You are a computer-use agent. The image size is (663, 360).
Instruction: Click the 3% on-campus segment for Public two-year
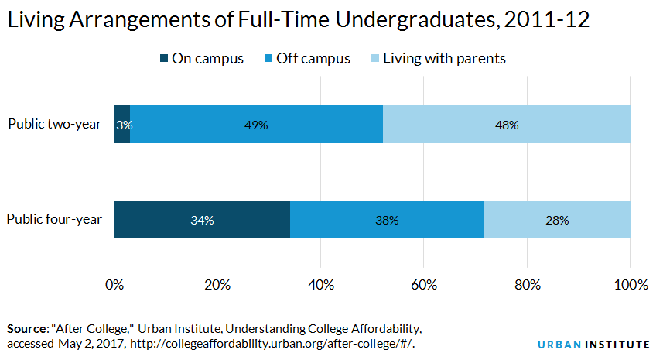pos(122,125)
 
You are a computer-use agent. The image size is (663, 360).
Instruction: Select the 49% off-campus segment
pos(257,125)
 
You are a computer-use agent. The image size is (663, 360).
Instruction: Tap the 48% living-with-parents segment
pos(507,125)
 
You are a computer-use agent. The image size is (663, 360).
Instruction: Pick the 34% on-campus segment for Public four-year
pos(202,220)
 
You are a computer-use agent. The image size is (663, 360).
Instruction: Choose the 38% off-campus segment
pos(388,220)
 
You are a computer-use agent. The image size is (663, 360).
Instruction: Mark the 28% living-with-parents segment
pos(557,220)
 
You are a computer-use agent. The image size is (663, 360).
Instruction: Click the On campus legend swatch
pos(164,58)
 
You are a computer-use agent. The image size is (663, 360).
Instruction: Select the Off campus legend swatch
pos(268,58)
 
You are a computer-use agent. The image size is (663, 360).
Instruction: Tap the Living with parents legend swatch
pos(374,58)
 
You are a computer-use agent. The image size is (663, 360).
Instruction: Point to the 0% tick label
pos(114,285)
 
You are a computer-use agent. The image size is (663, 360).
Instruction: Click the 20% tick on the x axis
pos(217,285)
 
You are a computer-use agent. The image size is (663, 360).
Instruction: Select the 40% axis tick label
pos(321,285)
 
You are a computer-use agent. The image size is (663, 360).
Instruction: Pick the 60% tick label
pos(424,285)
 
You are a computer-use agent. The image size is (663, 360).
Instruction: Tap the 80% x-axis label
pos(528,285)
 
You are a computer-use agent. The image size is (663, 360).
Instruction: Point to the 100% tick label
pos(631,285)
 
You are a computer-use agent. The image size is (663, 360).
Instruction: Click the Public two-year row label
pos(55,124)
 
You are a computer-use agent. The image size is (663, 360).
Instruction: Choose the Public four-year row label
pos(55,219)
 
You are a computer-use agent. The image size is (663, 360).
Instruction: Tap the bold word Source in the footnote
pos(27,329)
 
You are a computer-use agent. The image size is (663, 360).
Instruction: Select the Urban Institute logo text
pos(593,345)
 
